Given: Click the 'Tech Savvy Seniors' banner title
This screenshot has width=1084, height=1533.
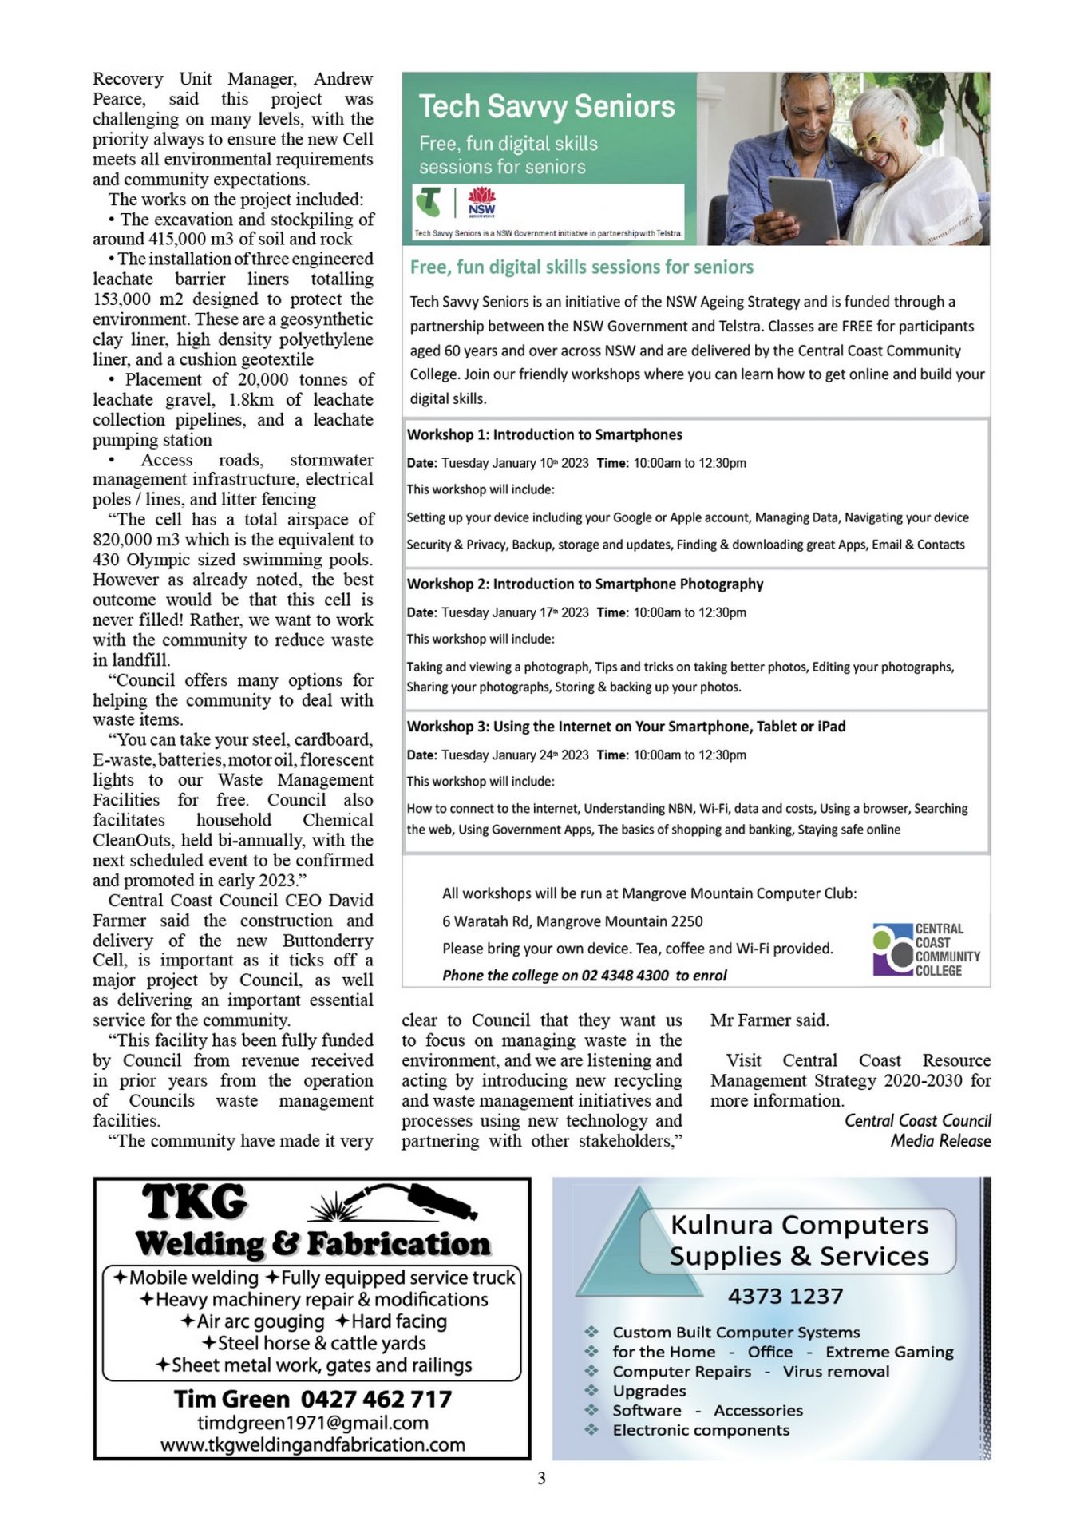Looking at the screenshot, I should pos(547,106).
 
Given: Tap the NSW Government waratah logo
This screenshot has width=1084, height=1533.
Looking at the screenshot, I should pos(481,201).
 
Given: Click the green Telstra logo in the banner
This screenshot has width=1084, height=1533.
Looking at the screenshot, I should pos(429,201).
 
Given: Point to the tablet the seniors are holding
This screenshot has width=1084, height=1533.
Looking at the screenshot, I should pos(803,209).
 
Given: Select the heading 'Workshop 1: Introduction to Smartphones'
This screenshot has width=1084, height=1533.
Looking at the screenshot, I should pos(544,434).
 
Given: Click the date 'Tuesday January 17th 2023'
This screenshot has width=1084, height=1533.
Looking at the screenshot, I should pos(515,612).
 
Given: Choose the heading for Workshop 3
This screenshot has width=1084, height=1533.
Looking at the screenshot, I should pos(626,727).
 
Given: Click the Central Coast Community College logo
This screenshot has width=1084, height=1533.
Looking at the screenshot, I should pos(926,949).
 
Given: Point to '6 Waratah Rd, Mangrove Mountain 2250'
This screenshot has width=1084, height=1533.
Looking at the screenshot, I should pos(572,921).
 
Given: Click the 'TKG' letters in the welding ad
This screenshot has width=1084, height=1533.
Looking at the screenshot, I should pos(195,1202).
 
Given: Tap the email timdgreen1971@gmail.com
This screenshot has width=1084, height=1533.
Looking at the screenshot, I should pos(312,1422).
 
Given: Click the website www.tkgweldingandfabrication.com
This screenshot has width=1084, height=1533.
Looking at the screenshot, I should pos(312,1444).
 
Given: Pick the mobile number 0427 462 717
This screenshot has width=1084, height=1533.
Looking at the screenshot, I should pos(376,1399).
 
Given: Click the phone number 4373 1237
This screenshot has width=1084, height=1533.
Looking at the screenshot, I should pos(785,1296).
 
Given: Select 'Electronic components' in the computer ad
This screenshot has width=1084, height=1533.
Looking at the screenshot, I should pos(701,1430).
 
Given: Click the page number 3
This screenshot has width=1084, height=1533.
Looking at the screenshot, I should pos(541,1478).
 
